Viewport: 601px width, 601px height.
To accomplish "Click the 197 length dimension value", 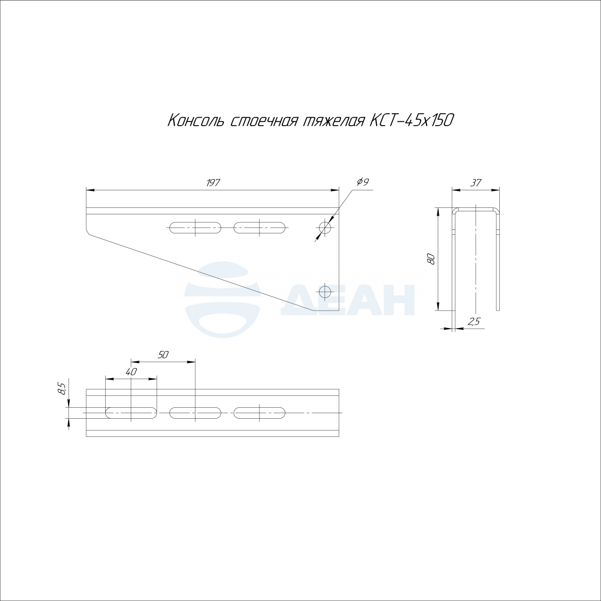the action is [213, 183].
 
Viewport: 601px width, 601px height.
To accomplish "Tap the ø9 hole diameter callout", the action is [362, 181].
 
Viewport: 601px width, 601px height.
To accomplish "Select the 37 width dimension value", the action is [476, 183].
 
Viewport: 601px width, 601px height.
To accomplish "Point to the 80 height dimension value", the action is [431, 259].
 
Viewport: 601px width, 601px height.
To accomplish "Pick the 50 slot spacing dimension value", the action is [163, 355].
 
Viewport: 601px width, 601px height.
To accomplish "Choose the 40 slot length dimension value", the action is [131, 372].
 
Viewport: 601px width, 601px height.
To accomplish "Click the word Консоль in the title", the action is [196, 121].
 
